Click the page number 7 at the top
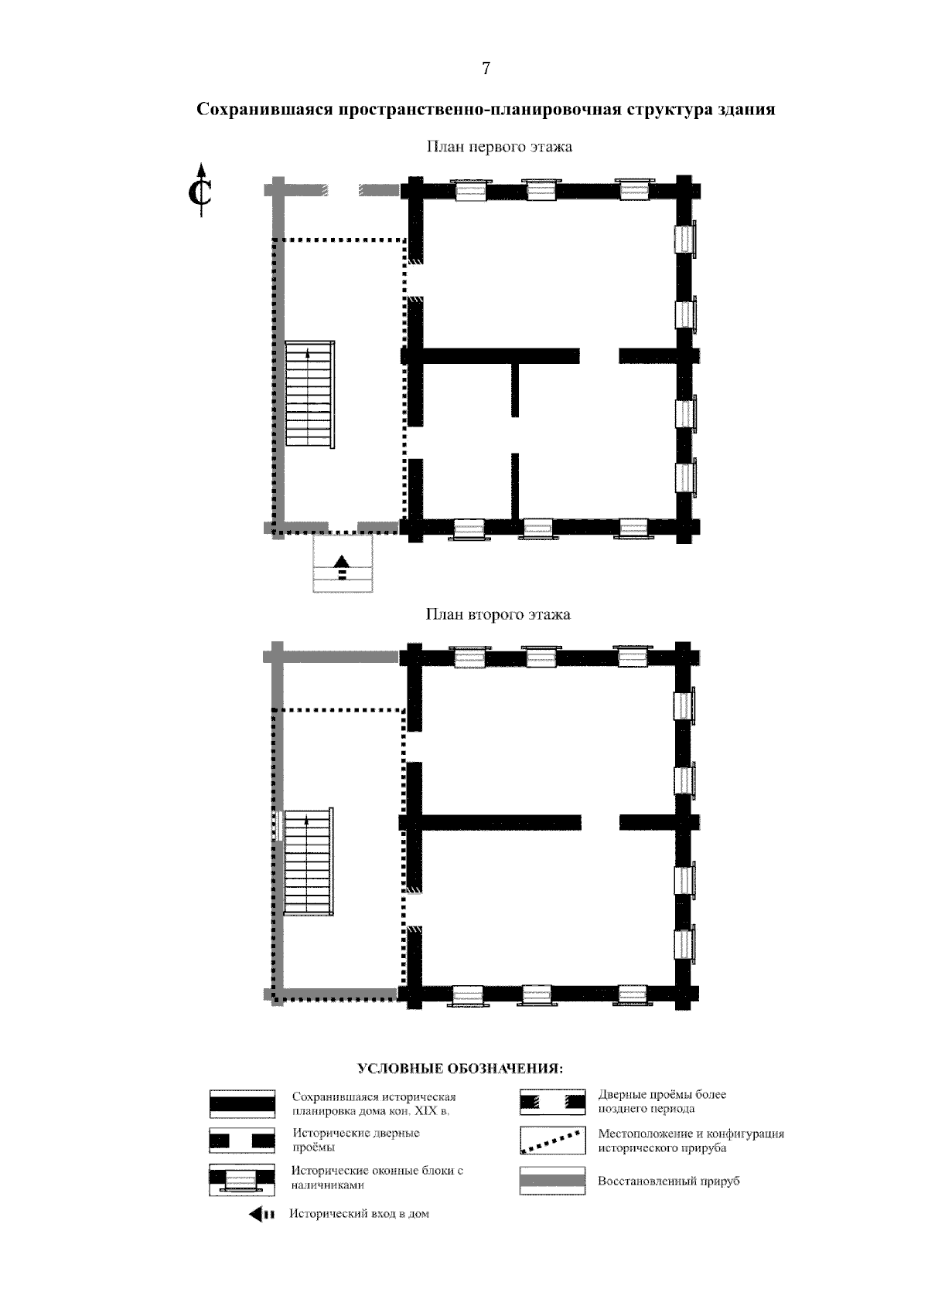486,69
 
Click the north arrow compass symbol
200,190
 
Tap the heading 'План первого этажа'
499,146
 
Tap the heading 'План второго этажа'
498,614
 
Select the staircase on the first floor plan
309,394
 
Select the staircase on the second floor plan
309,862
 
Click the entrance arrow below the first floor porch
342,567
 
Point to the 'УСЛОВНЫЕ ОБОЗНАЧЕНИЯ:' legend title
460,1069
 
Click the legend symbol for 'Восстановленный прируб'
552,1180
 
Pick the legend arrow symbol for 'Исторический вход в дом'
261,1214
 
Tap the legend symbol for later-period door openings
552,1101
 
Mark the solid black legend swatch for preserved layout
242,1104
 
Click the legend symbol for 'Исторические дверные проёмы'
242,1140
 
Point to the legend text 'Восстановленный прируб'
669,1181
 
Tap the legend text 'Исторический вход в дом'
360,1214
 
